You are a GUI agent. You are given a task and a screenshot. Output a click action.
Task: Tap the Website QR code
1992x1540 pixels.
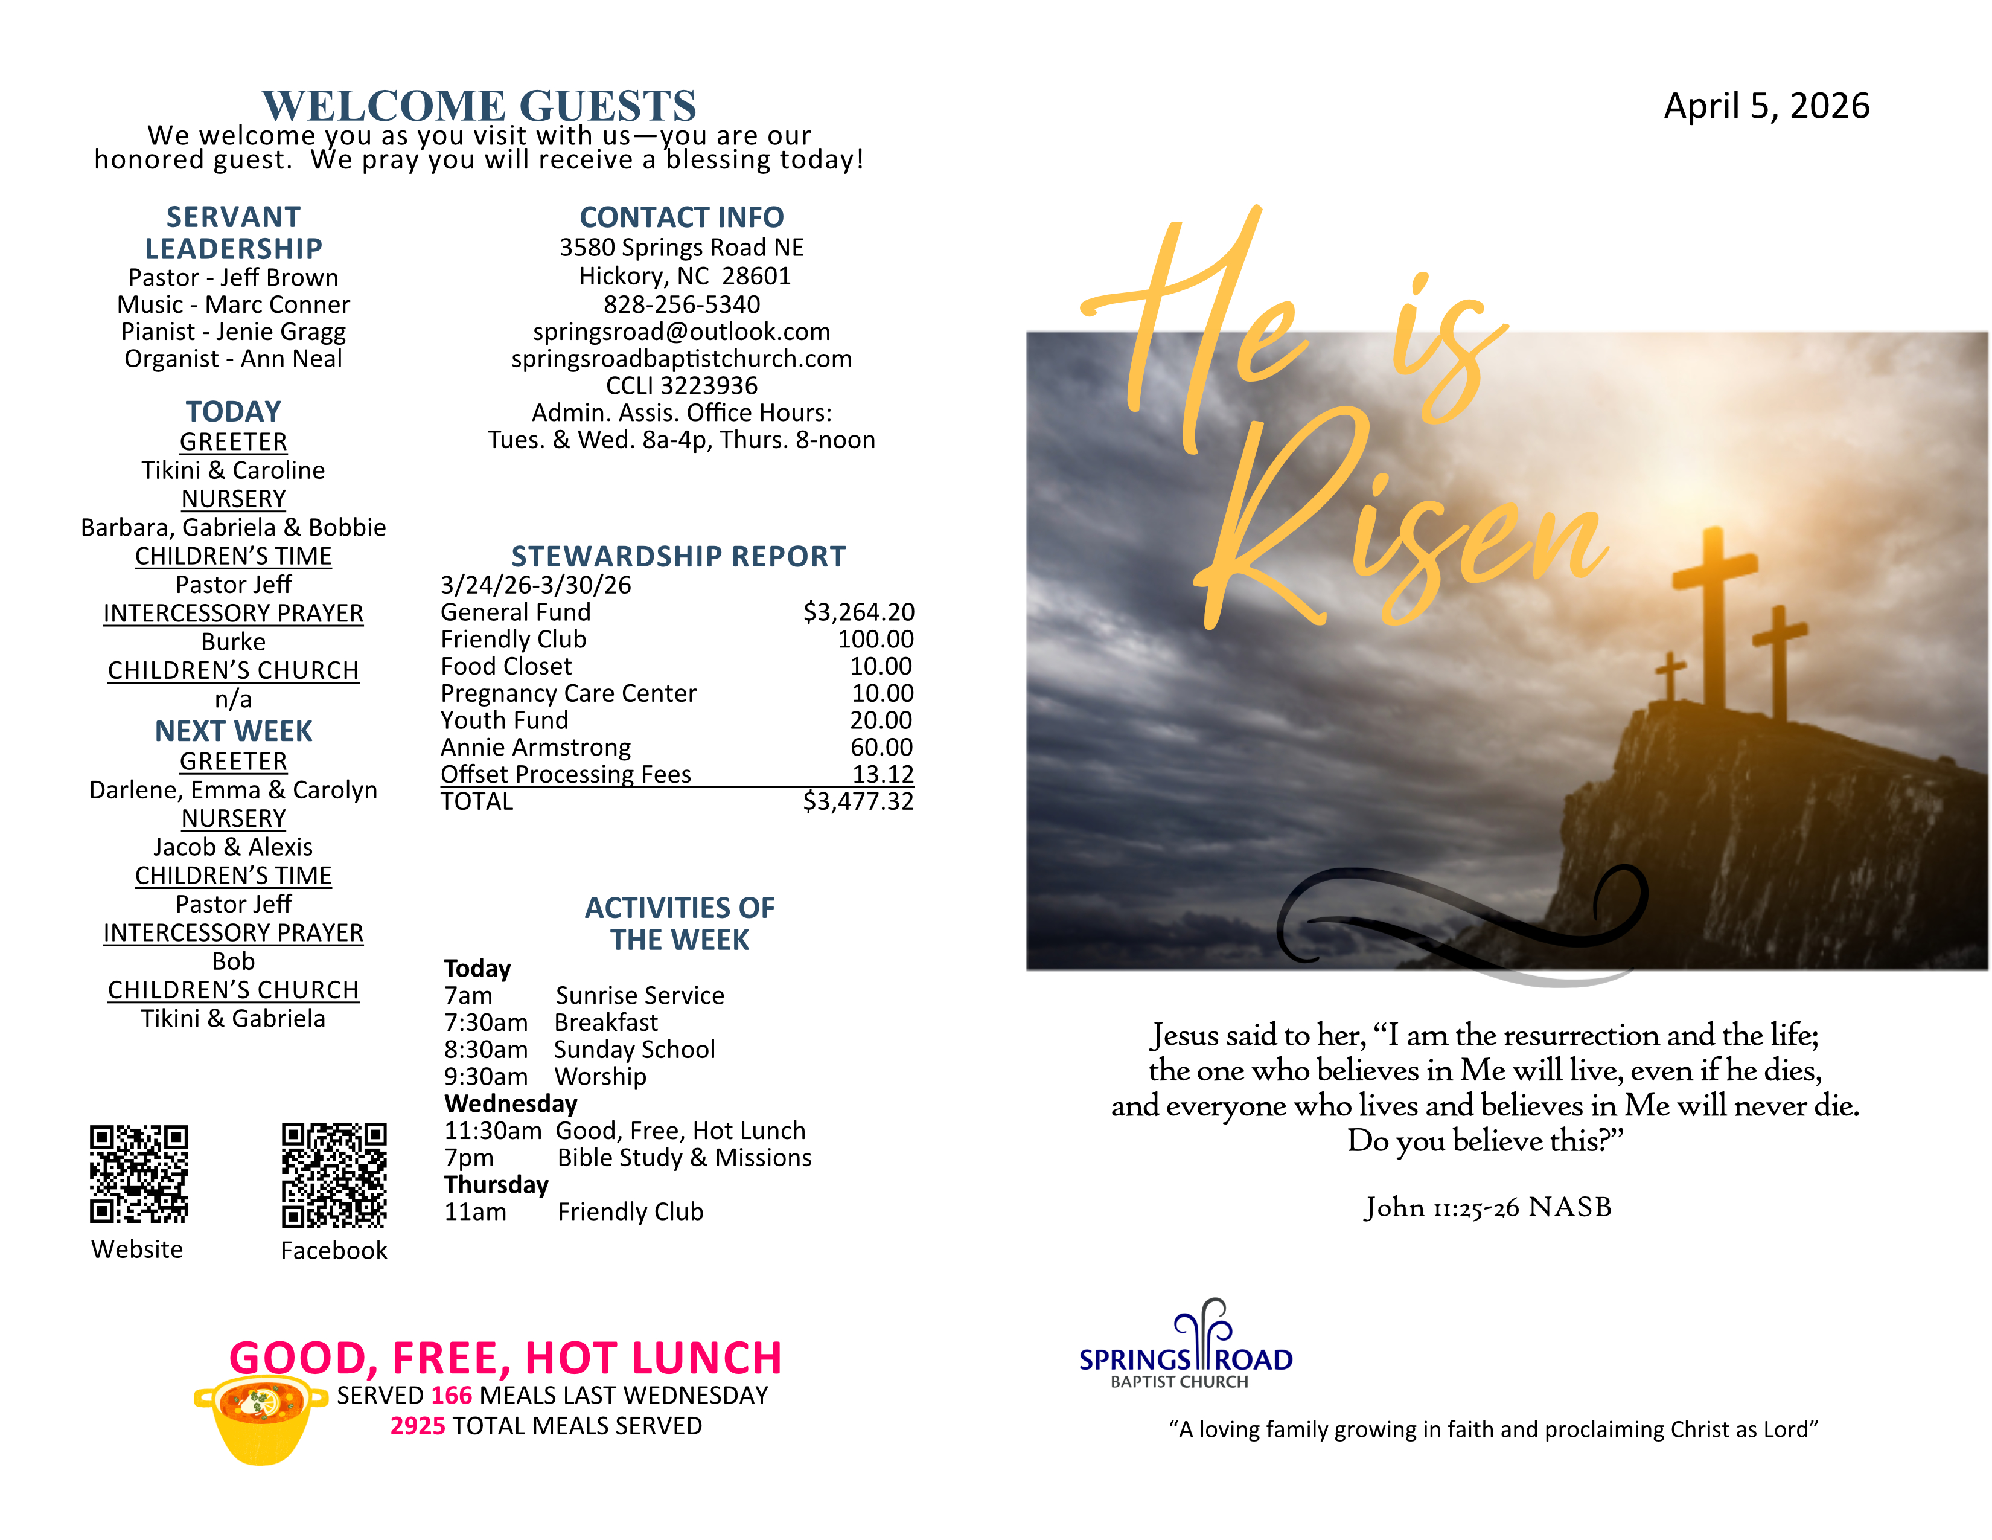(x=139, y=1173)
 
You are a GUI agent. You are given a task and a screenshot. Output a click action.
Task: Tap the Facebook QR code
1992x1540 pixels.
(x=334, y=1175)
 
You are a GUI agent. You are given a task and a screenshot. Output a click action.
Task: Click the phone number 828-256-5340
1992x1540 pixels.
(x=682, y=304)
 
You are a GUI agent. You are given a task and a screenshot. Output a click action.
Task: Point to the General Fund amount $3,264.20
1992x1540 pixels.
(x=858, y=612)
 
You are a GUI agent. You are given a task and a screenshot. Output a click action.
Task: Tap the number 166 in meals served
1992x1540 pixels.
(x=452, y=1395)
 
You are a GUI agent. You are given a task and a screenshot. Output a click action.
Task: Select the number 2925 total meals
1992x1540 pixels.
(x=418, y=1426)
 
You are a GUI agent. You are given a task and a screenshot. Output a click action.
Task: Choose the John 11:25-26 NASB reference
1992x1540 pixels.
(x=1487, y=1207)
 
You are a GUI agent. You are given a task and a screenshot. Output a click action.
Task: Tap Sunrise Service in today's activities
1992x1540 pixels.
(x=639, y=995)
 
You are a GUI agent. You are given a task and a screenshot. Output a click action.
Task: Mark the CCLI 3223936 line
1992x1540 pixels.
(x=682, y=385)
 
